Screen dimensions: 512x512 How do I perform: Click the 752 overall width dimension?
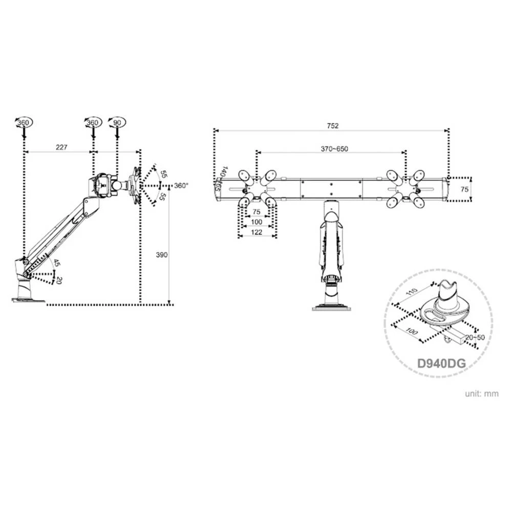tap(333, 125)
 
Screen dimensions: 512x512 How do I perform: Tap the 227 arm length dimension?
tap(61, 147)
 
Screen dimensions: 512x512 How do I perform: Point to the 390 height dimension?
tap(162, 254)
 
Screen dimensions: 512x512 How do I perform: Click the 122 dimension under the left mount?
tap(258, 232)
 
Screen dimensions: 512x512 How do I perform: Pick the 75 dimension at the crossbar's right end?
tap(464, 189)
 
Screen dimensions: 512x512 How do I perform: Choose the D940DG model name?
tap(441, 363)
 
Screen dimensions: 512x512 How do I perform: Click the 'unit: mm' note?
tap(481, 394)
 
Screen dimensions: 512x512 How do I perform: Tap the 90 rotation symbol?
tap(117, 123)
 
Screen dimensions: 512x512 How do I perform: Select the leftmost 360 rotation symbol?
tap(23, 123)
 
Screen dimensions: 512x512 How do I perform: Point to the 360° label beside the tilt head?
tap(181, 185)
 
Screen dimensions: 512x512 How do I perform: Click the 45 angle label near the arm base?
tap(57, 263)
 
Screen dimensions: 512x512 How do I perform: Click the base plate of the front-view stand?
tap(331, 307)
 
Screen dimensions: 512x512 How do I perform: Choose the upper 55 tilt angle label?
tap(163, 174)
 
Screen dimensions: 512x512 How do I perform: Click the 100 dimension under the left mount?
tap(258, 222)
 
